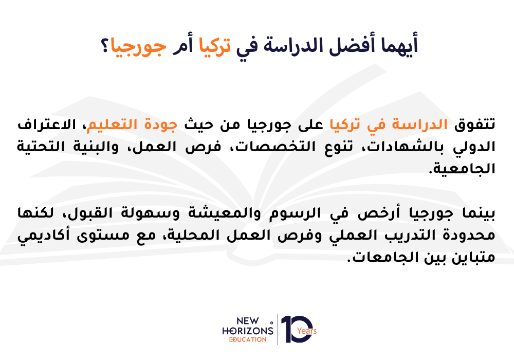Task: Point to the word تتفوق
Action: (474, 124)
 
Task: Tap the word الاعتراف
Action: (47, 124)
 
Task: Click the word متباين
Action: (473, 258)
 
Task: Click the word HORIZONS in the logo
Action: (248, 331)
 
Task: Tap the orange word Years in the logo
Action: (307, 331)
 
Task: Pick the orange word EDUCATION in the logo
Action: (248, 339)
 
